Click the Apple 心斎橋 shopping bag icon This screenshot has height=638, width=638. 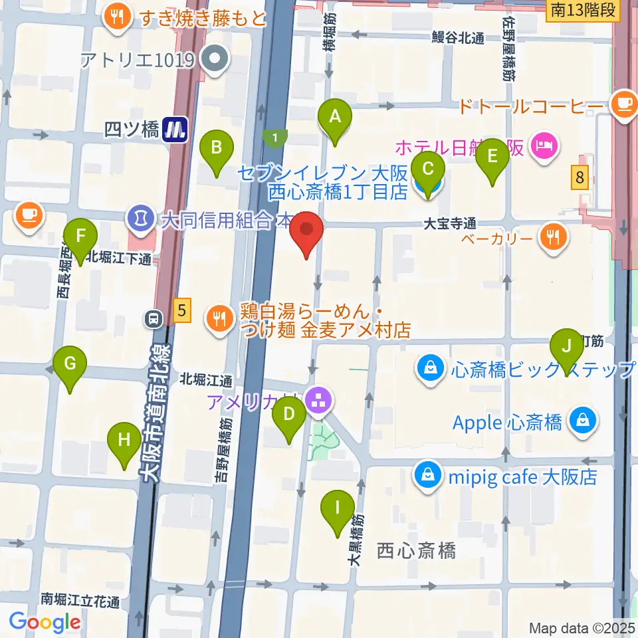(582, 421)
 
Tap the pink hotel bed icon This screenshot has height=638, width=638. (544, 144)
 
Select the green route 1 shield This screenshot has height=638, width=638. (274, 138)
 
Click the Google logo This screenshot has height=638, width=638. (45, 622)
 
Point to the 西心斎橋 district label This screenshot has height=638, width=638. (416, 551)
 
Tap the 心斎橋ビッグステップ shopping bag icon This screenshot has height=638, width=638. (431, 368)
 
